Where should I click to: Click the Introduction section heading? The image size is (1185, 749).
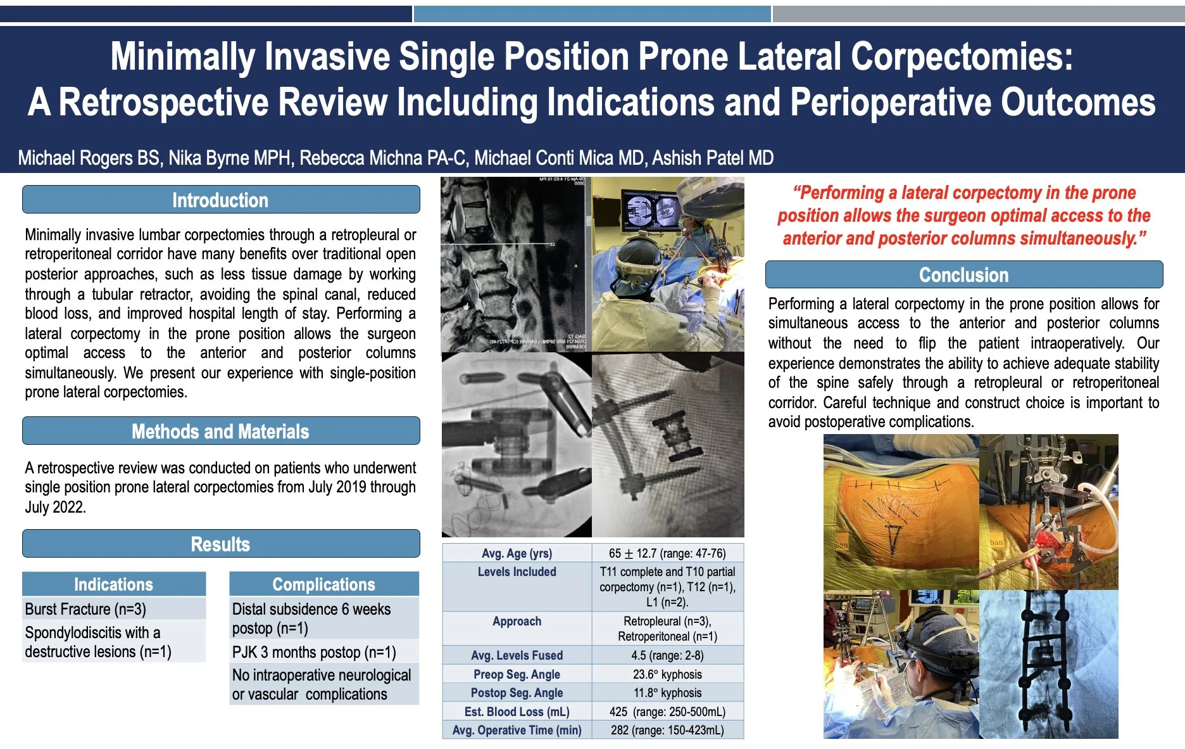220,200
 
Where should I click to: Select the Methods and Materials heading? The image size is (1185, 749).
220,432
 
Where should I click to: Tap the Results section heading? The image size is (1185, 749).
220,544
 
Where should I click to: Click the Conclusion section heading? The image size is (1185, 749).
963,275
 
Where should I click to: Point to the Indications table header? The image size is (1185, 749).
114,584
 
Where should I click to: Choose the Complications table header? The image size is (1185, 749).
324,584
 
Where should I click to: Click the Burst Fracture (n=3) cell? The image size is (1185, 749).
85,609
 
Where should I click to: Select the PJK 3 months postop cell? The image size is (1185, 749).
314,652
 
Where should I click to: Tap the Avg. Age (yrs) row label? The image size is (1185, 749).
517,553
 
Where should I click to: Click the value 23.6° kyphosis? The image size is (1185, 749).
667,674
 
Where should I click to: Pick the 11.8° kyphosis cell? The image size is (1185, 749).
667,693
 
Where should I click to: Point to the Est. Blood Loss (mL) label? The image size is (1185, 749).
517,712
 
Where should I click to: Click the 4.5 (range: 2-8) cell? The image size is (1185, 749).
667,655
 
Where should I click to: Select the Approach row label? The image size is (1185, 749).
517,621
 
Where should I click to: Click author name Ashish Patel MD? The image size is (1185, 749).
713,158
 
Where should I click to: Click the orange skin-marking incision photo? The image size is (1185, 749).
901,512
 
